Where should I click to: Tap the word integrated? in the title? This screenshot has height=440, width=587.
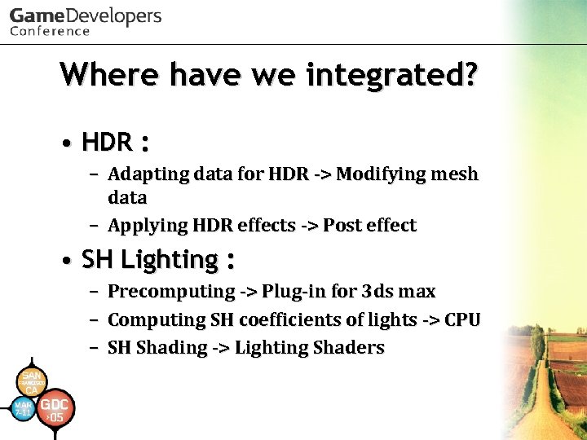click(x=392, y=76)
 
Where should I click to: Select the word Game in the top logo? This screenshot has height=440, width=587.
click(x=38, y=16)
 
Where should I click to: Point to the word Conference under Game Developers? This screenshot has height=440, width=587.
click(x=50, y=32)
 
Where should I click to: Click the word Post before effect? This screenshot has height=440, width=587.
click(x=342, y=226)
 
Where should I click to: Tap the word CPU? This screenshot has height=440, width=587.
click(x=462, y=320)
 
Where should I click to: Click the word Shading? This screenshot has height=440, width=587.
click(x=172, y=348)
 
